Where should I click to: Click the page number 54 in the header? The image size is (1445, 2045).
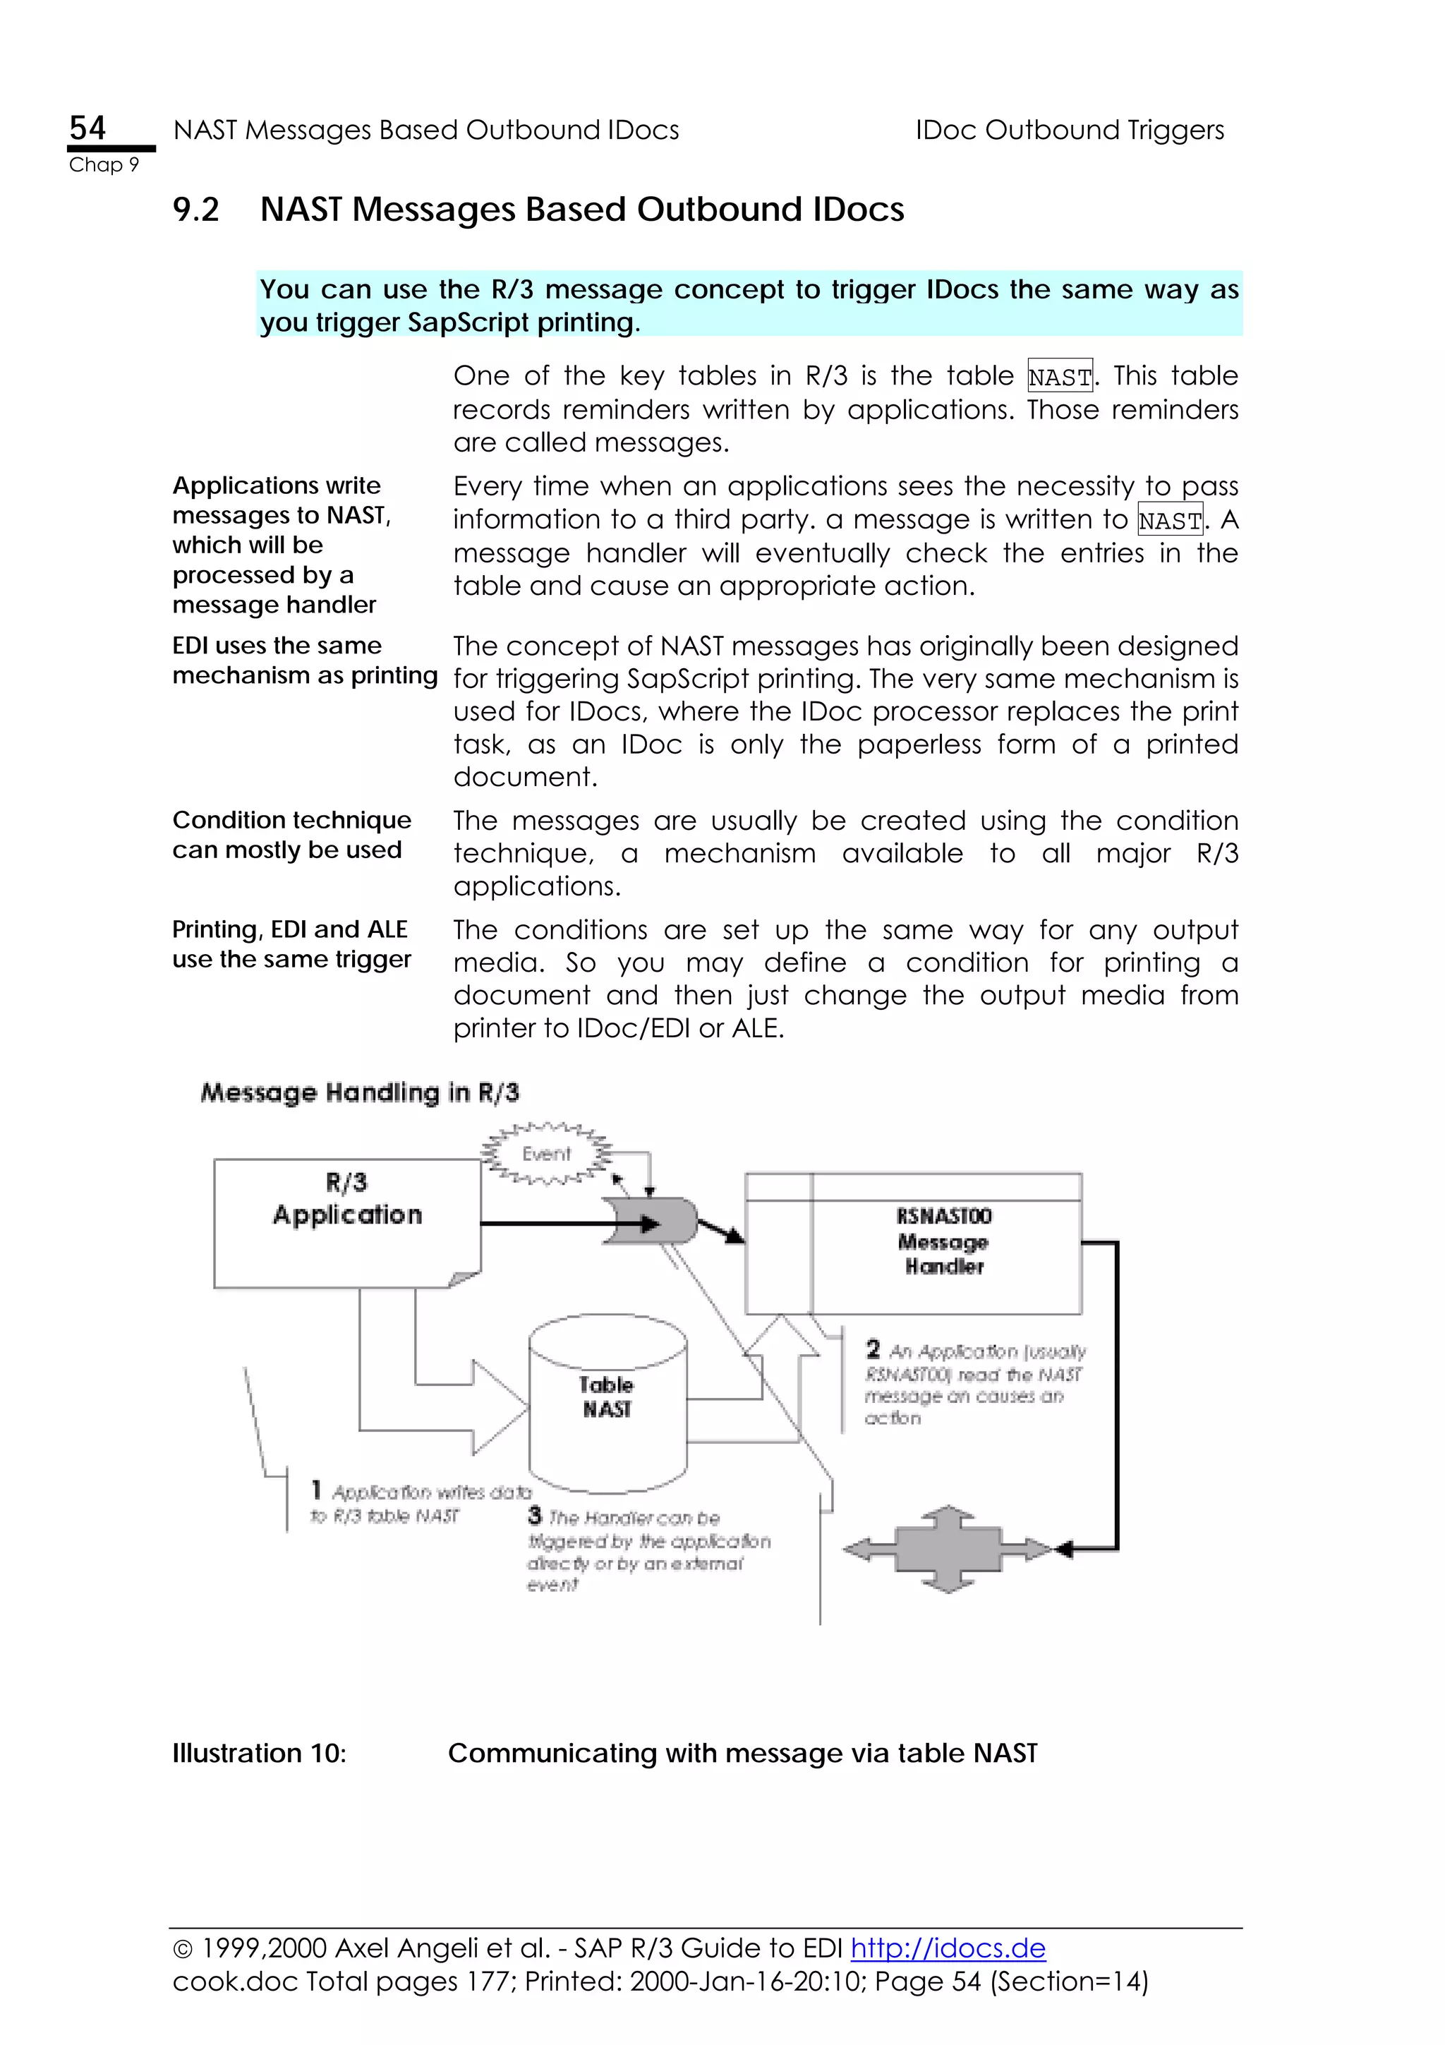point(87,128)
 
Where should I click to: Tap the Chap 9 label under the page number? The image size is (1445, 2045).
point(104,165)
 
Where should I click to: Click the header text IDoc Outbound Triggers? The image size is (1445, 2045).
point(1069,130)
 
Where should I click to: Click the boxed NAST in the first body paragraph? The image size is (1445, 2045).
point(1060,377)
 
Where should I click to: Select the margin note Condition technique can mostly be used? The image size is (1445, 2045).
point(291,835)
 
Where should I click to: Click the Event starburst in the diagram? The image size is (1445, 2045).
point(546,1154)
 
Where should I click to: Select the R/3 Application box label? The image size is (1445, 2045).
point(347,1200)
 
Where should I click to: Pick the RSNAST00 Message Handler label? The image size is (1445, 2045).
point(944,1241)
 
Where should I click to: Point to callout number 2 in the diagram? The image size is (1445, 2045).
point(873,1349)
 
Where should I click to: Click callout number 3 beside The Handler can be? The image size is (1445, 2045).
point(534,1515)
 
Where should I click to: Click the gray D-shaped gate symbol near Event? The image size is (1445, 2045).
point(653,1221)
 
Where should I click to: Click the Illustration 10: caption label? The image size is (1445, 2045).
point(259,1754)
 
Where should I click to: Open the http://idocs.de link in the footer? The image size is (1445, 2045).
point(948,1948)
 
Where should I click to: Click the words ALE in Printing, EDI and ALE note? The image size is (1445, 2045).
point(387,930)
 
